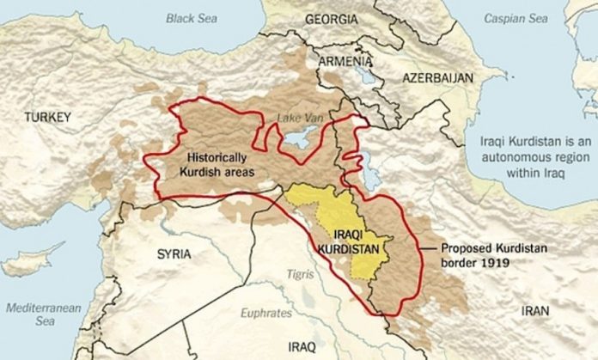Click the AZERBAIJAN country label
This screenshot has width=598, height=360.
(x=436, y=77)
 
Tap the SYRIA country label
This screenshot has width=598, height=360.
(x=174, y=254)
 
